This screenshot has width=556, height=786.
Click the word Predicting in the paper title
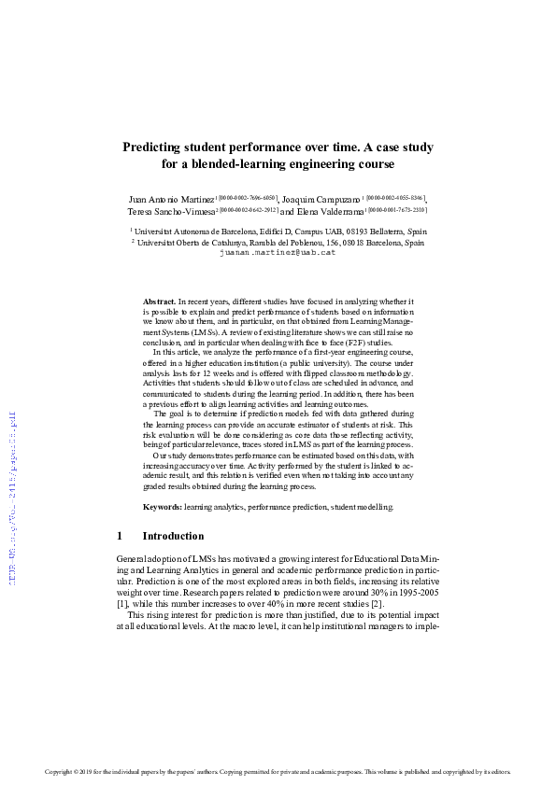(x=154, y=147)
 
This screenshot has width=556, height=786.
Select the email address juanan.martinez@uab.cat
(x=277, y=252)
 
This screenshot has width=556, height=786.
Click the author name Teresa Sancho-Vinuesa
(x=175, y=213)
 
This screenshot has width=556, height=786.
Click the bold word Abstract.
(x=159, y=302)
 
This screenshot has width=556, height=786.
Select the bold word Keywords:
(x=162, y=507)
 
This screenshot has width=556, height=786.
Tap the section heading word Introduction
(x=173, y=537)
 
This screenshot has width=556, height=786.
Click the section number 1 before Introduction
(x=120, y=537)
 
